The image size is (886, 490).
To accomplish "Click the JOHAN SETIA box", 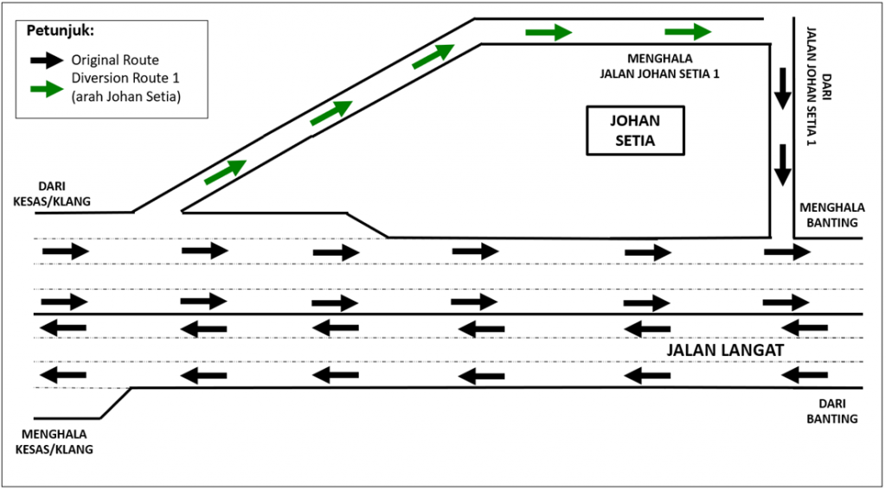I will pyautogui.click(x=634, y=130).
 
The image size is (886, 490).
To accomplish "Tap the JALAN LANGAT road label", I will pyautogui.click(x=725, y=351).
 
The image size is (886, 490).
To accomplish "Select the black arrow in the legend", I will pyautogui.click(x=46, y=60).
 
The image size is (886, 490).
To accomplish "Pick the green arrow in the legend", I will pyautogui.click(x=46, y=89).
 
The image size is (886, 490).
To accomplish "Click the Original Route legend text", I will pyautogui.click(x=115, y=60).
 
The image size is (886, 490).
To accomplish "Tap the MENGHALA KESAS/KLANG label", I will pyautogui.click(x=54, y=442).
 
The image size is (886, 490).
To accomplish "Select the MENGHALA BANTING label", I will pyautogui.click(x=830, y=215).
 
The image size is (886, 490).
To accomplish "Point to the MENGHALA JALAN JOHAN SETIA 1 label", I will pyautogui.click(x=659, y=67).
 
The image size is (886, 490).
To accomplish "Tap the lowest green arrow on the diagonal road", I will pyautogui.click(x=225, y=172).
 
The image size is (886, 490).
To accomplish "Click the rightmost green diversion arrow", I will pyautogui.click(x=688, y=32).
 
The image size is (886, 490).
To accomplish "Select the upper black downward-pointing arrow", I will pyautogui.click(x=782, y=87).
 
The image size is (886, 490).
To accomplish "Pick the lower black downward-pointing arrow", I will pyautogui.click(x=782, y=165).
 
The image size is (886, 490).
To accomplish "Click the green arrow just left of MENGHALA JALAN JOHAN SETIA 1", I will pyautogui.click(x=549, y=33).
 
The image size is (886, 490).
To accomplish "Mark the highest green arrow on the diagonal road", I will pyautogui.click(x=433, y=56).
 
